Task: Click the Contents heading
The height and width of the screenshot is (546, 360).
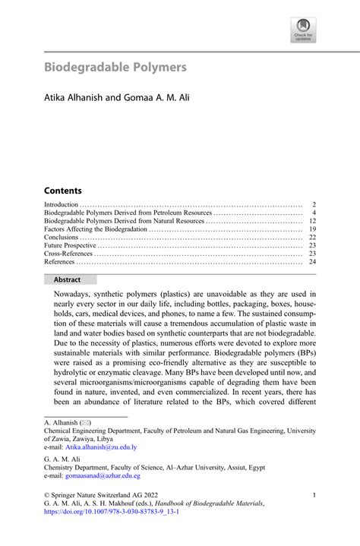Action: pos(62,191)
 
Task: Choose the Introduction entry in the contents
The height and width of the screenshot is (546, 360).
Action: pos(62,205)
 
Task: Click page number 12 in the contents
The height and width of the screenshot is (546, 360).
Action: pos(311,221)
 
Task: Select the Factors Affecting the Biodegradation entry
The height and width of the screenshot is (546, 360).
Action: pos(96,229)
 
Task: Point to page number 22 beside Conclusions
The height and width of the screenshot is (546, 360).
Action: pos(311,238)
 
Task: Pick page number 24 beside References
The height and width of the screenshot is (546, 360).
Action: pos(311,262)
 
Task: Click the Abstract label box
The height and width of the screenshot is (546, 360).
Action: pos(67,279)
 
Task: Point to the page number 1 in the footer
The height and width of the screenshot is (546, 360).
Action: pos(314,495)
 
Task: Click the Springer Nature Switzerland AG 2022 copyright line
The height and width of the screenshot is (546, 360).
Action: pos(98,495)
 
